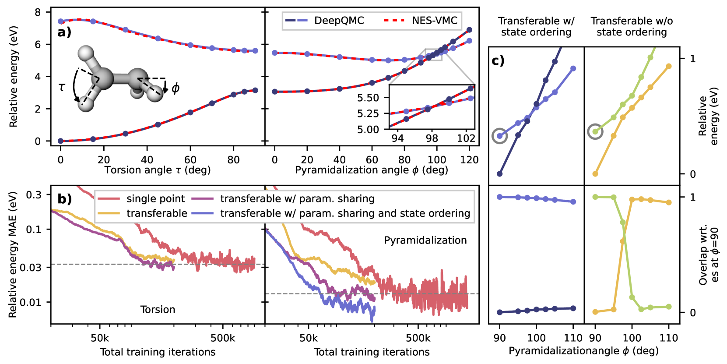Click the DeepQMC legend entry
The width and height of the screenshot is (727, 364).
339,21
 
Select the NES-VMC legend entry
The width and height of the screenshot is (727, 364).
434,21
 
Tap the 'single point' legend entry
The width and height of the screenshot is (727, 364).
155,199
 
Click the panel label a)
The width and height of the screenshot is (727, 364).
64,32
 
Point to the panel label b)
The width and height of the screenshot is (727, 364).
64,199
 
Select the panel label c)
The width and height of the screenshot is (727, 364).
498,60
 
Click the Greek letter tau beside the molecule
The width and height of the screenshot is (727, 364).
62,88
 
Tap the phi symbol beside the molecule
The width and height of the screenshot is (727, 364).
176,88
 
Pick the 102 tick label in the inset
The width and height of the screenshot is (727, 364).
466,138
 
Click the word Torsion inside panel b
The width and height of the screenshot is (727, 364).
158,310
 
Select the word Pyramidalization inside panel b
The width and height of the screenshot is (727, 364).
425,240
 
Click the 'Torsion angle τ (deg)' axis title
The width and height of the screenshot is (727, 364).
158,170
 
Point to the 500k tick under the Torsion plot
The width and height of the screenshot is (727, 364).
223,338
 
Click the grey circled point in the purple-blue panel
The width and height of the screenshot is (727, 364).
500,136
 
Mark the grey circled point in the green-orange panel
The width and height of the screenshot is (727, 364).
595,131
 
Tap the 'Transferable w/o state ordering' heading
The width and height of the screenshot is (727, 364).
632,26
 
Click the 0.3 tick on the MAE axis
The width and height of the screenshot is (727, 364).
34,194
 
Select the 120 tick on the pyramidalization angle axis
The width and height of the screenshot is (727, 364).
469,160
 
